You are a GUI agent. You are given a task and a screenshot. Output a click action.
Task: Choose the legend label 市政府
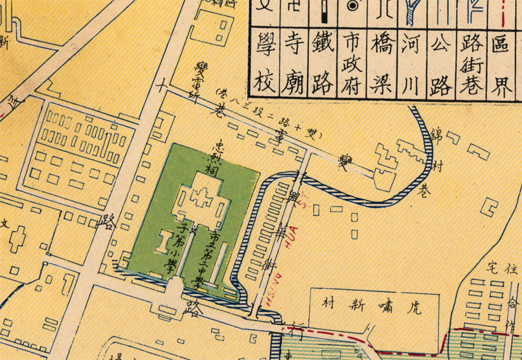point(353,65)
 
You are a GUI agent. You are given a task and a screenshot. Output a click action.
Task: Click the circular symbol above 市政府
point(353,6)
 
